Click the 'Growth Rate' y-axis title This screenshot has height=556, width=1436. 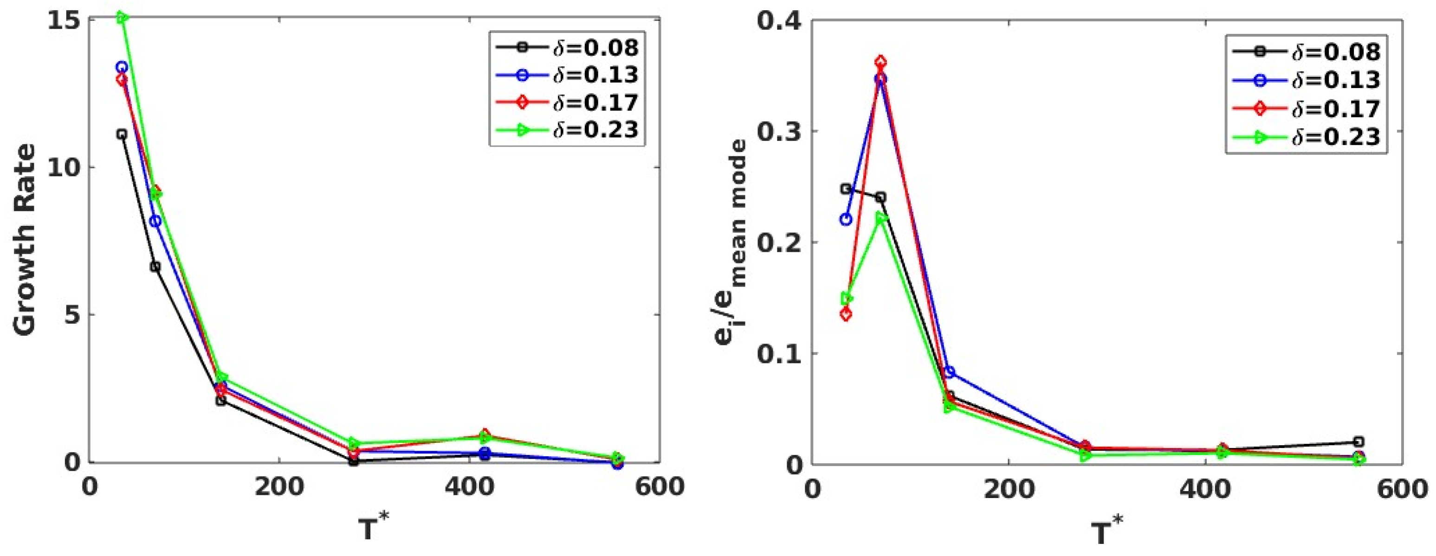25,240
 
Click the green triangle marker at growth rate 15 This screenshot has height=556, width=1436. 123,18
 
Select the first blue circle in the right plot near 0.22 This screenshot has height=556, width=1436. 846,219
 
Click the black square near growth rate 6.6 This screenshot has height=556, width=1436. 155,267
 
